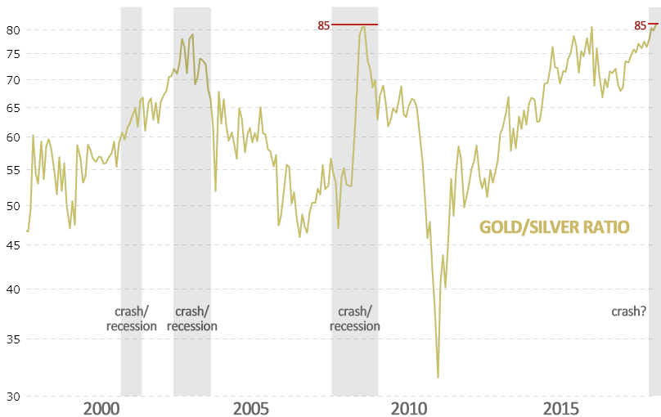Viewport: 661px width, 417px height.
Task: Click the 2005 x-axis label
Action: click(x=250, y=408)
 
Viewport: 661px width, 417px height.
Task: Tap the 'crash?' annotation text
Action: click(x=629, y=311)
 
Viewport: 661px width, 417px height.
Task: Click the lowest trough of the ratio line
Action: click(x=438, y=377)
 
